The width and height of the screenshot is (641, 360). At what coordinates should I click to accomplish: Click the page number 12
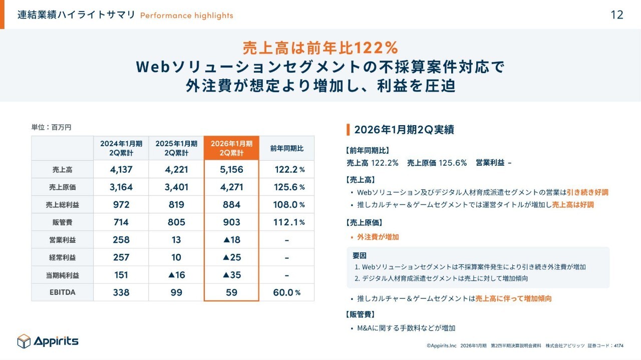[x=617, y=15]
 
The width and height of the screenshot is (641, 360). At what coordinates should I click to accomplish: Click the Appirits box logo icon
[x=24, y=341]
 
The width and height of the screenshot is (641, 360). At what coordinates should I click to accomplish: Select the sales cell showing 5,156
[x=231, y=169]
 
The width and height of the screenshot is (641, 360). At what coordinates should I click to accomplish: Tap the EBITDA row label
[x=62, y=292]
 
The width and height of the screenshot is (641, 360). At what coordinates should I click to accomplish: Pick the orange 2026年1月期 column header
[x=231, y=148]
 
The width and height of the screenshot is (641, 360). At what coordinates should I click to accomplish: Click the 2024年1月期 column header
[x=121, y=148]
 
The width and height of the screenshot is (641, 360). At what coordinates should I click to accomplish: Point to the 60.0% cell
[x=286, y=292]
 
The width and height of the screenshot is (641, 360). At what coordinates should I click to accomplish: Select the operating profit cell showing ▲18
[x=231, y=240]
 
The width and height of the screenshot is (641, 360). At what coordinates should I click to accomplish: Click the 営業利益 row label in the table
[x=62, y=240]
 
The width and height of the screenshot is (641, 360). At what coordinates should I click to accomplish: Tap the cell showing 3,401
[x=176, y=187]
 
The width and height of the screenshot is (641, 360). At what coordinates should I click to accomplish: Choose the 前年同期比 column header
[x=286, y=148]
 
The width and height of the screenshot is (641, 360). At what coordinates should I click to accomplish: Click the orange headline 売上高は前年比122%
[x=320, y=48]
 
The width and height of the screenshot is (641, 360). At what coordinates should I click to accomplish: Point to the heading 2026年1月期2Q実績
[x=404, y=130]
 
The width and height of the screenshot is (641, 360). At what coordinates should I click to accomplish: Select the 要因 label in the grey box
[x=360, y=256]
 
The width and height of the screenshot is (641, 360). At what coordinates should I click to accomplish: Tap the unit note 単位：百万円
[x=51, y=127]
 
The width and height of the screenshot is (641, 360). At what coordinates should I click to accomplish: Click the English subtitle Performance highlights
[x=186, y=16]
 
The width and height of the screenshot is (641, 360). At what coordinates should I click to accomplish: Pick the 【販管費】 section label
[x=361, y=314]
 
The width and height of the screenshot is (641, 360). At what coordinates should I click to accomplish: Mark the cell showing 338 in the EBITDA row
[x=121, y=292]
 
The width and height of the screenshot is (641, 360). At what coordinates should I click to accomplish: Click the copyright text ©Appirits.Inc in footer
[x=442, y=345]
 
